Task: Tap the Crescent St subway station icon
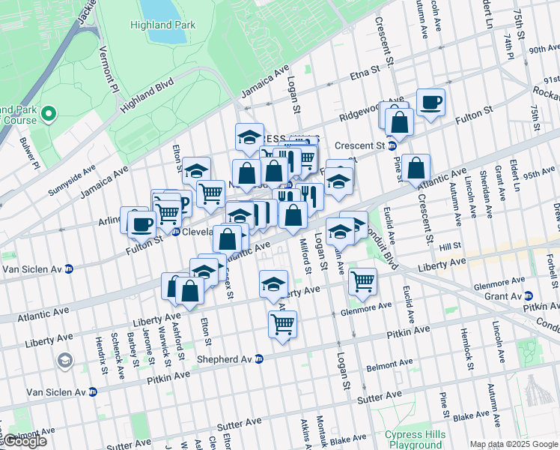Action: pyautogui.click(x=391, y=145)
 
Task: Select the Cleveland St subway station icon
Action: pyautogui.click(x=174, y=232)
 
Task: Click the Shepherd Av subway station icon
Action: pyautogui.click(x=258, y=359)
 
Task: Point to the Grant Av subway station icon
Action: pyautogui.click(x=529, y=295)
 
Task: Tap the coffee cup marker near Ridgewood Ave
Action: pyautogui.click(x=430, y=103)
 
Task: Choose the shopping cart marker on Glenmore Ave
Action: pyautogui.click(x=363, y=282)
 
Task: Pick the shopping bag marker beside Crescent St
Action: pyautogui.click(x=416, y=169)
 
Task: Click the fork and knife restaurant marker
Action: pyautogui.click(x=309, y=197)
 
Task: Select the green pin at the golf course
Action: pyautogui.click(x=49, y=114)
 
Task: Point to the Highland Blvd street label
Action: pyautogui.click(x=147, y=94)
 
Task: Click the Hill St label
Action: pyautogui.click(x=450, y=246)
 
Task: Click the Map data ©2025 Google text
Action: pyautogui.click(x=514, y=444)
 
